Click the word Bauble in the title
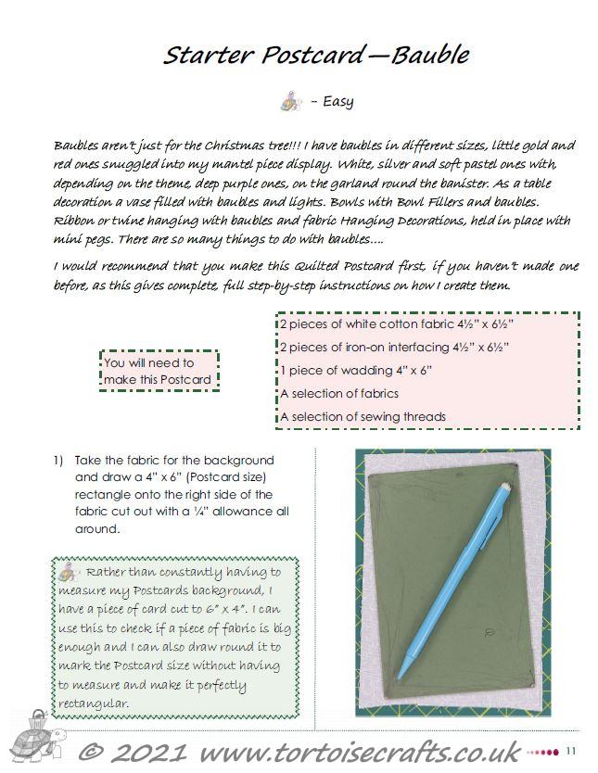[430, 55]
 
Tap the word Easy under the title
[337, 102]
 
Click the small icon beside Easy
[289, 100]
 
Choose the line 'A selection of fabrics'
[338, 393]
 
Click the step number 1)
[57, 460]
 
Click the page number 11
[571, 750]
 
